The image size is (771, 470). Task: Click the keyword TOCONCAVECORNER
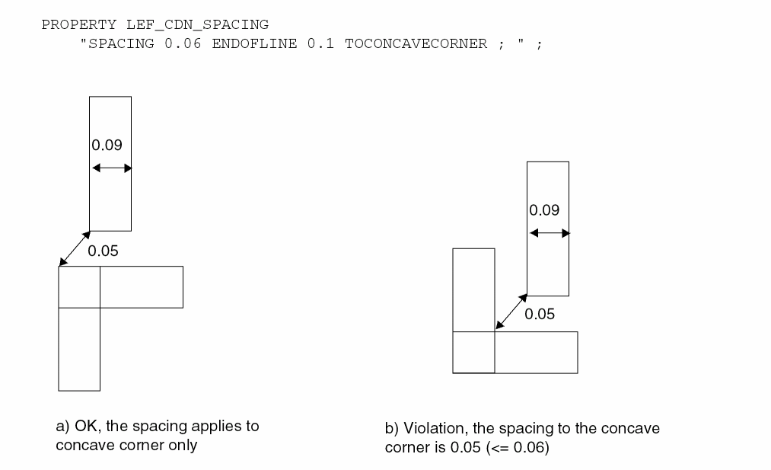[x=416, y=43]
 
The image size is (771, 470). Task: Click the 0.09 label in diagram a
[x=107, y=144]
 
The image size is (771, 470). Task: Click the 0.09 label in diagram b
[x=545, y=209]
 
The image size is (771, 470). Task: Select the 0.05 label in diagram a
[x=104, y=251]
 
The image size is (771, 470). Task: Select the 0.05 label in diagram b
[x=540, y=314]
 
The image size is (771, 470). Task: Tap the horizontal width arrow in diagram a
[x=110, y=168]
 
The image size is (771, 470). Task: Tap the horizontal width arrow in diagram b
[x=548, y=233]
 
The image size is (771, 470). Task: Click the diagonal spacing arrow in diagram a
[x=75, y=248]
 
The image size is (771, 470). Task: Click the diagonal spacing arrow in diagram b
[x=511, y=313]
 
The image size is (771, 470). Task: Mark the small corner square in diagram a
[x=79, y=287]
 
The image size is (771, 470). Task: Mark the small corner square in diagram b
[x=473, y=352]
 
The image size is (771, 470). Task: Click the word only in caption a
[x=183, y=446]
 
